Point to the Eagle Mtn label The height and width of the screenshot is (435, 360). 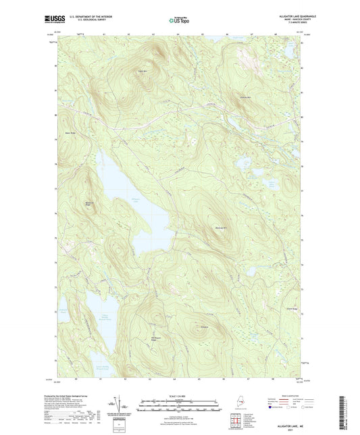143,71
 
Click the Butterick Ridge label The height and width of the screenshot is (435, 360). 88,203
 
